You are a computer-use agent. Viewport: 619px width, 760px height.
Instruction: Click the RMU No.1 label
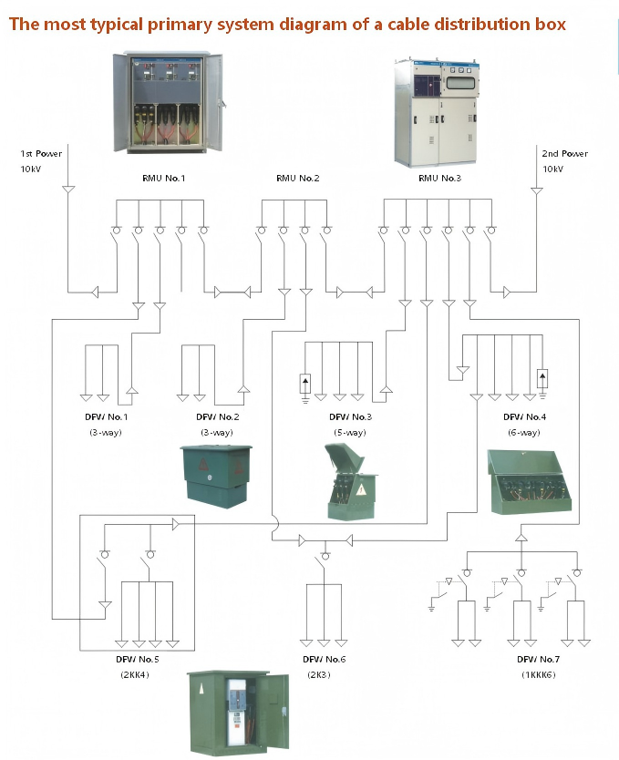tap(163, 179)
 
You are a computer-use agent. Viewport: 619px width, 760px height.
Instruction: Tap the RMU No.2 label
tap(297, 179)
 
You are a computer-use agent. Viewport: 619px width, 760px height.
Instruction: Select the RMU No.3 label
tap(439, 179)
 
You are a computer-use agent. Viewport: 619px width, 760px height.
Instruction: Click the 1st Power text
tap(41, 154)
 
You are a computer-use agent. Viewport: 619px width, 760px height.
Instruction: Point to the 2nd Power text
tap(564, 154)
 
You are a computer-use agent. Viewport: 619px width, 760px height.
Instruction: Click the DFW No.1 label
tap(106, 416)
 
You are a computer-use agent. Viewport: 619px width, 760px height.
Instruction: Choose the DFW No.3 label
tap(350, 416)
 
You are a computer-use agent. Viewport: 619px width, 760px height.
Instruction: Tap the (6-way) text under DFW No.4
tap(524, 432)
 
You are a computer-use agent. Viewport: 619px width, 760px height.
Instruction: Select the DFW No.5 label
tap(137, 659)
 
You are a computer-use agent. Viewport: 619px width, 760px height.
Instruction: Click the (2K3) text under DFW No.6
tap(319, 674)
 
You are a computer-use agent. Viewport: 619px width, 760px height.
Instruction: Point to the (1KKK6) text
tap(539, 674)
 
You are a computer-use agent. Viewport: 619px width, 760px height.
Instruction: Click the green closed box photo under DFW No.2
tap(216, 476)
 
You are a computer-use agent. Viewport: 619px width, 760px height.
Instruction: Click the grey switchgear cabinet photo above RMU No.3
tap(437, 112)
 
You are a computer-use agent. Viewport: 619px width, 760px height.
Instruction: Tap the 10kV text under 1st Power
tap(30, 169)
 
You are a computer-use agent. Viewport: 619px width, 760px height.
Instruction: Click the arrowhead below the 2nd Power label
tap(536, 191)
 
